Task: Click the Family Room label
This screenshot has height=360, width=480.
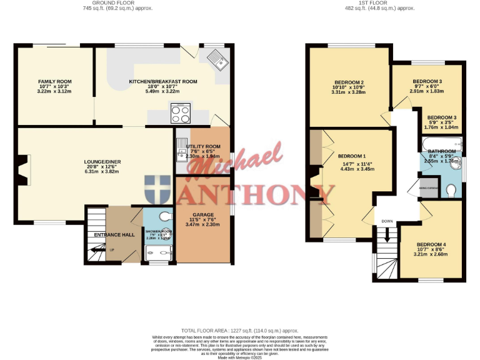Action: [55, 82]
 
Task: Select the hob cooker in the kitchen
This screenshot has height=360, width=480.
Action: [180, 114]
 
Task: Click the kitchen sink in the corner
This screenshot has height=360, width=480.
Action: [218, 60]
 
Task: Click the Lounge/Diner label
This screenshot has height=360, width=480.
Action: [103, 162]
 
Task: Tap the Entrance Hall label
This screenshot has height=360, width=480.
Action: [110, 234]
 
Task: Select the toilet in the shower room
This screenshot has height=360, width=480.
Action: [166, 216]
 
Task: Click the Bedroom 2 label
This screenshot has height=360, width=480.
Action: [348, 82]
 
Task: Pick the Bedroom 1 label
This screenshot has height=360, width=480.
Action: [352, 156]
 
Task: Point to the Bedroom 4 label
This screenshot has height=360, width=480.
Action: [431, 244]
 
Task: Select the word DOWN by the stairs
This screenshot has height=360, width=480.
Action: [387, 221]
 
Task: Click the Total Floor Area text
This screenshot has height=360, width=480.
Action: [239, 330]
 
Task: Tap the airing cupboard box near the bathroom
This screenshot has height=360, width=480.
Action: [429, 188]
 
